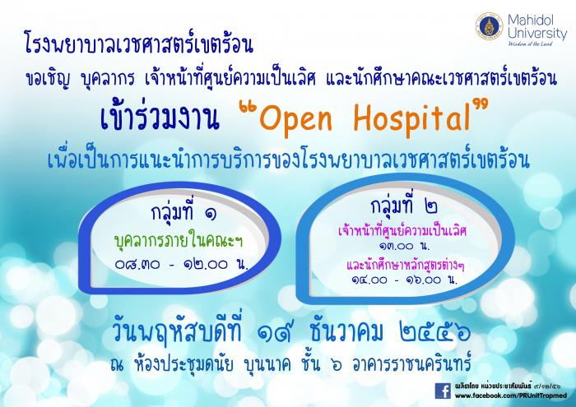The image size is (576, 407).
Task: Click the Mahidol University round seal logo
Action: tap(489, 25)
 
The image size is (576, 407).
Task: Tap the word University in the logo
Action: tap(537, 34)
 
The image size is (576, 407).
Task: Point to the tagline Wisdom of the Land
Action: tap(525, 44)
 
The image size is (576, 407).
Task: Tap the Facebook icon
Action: tap(443, 391)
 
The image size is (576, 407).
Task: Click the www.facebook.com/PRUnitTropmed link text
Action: tap(510, 395)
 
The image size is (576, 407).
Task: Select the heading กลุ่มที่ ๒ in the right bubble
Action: tap(404, 206)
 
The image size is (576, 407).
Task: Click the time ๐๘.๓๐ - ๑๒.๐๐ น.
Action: tap(182, 264)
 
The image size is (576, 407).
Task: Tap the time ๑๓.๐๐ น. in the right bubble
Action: tap(402, 246)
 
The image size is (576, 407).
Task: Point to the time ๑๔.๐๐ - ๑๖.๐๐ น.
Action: tap(404, 280)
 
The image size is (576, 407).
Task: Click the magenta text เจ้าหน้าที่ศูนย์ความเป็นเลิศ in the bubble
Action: tap(402, 231)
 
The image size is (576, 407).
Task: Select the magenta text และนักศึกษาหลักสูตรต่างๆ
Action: tap(405, 265)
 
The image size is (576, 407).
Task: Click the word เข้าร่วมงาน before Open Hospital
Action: tap(160, 117)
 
